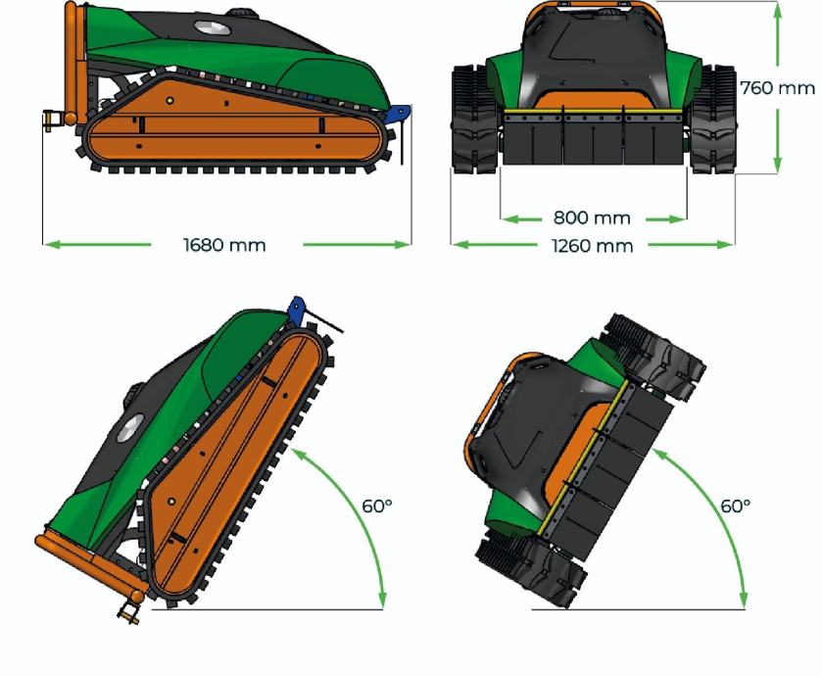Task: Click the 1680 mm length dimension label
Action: [x=224, y=245]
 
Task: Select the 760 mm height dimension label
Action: [x=778, y=88]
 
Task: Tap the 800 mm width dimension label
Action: [x=592, y=217]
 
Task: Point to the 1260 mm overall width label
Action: [x=593, y=245]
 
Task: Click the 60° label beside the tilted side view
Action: [x=377, y=507]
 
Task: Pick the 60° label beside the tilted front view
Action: [x=736, y=507]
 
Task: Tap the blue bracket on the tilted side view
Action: [x=297, y=310]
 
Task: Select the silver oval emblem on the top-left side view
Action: [x=213, y=27]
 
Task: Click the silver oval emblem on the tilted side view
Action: [x=129, y=428]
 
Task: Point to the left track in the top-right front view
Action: [x=473, y=120]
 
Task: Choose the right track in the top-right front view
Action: [x=713, y=120]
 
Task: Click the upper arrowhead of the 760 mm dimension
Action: [x=778, y=11]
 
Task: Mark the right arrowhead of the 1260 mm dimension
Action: [x=725, y=244]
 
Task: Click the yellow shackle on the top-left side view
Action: [x=50, y=121]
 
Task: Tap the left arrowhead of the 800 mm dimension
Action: [x=509, y=218]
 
